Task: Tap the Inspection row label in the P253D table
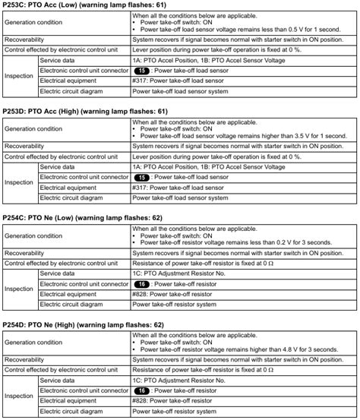(x=19, y=182)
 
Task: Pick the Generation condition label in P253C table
(x=34, y=21)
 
